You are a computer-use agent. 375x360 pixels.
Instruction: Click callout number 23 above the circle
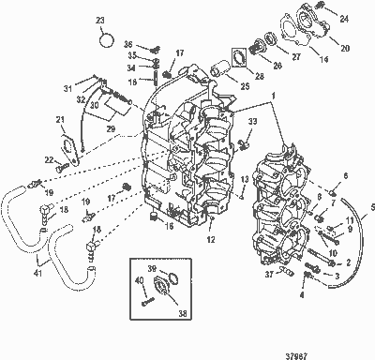(x=100, y=20)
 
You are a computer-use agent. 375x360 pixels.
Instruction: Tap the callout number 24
(x=345, y=18)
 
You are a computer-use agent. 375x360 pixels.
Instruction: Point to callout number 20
(x=345, y=46)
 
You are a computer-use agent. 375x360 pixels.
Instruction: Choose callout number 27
(x=298, y=56)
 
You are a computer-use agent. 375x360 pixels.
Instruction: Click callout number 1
(x=274, y=96)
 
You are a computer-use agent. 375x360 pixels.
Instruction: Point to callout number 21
(x=59, y=119)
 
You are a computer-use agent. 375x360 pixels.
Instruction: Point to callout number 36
(x=128, y=44)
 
